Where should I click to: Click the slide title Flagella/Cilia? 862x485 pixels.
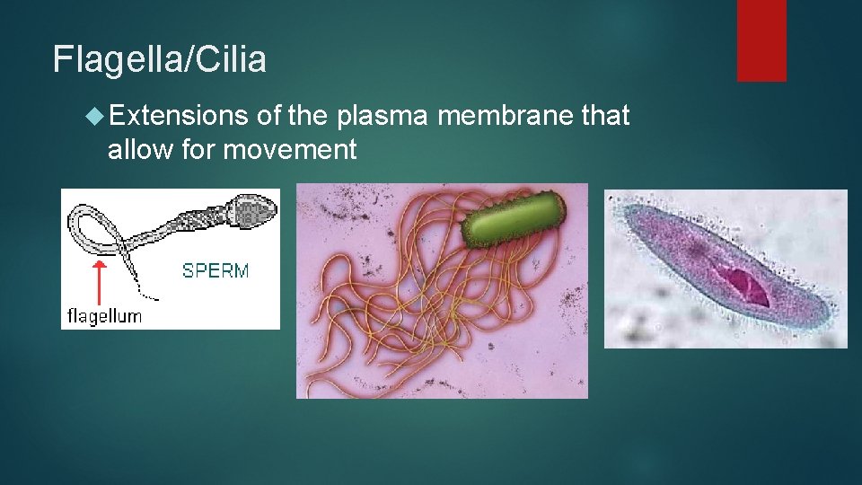pyautogui.click(x=160, y=60)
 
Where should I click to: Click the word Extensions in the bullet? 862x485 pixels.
pyautogui.click(x=178, y=116)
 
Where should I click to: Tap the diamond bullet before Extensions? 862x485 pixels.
pyautogui.click(x=94, y=117)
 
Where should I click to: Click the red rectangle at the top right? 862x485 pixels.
pyautogui.click(x=761, y=40)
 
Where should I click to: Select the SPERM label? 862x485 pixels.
pyautogui.click(x=215, y=270)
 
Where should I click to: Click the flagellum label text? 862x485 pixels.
pyautogui.click(x=105, y=316)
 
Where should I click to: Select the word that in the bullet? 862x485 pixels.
pyautogui.click(x=604, y=116)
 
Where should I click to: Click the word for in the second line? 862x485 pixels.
pyautogui.click(x=200, y=149)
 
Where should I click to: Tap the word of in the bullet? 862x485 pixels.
pyautogui.click(x=270, y=116)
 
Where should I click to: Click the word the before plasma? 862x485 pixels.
pyautogui.click(x=312, y=116)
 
